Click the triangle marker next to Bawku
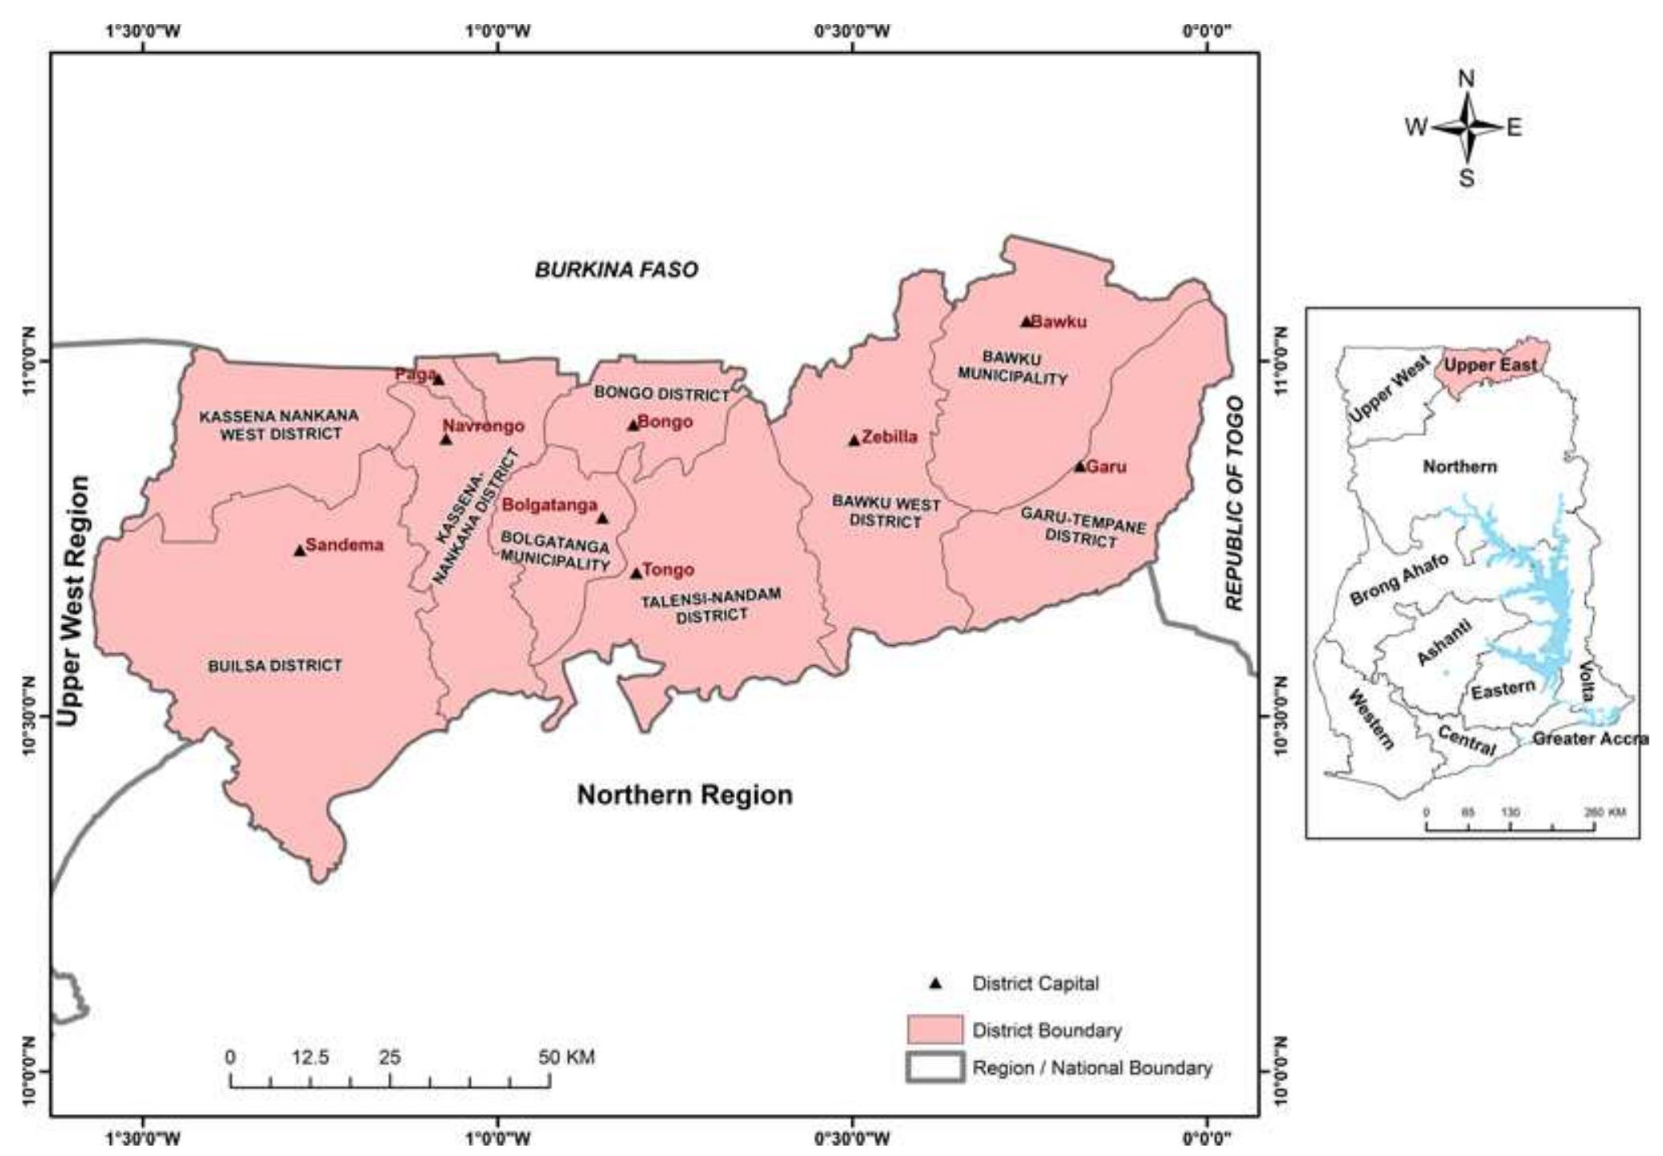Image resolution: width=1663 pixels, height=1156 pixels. point(1026,321)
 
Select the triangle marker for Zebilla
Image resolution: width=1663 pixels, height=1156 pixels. point(854,440)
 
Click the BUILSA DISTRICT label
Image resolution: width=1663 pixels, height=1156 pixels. point(275,666)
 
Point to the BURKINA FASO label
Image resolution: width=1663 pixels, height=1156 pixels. point(616,270)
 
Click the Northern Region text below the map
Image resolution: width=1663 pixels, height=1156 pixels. point(684,795)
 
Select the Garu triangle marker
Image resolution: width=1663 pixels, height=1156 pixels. point(1080,467)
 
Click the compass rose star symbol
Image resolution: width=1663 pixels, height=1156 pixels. point(1467,127)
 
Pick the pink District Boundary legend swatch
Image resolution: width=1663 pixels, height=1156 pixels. point(934,1030)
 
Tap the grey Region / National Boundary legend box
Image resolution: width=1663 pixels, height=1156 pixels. point(934,1068)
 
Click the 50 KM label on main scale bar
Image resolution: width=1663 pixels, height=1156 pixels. point(566,1057)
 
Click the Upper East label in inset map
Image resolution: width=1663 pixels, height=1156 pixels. point(1489,365)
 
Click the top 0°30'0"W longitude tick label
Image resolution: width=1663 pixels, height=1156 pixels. point(852,31)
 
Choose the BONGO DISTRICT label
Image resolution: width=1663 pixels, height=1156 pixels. point(661,394)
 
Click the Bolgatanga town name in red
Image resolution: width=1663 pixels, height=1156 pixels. point(550,505)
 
